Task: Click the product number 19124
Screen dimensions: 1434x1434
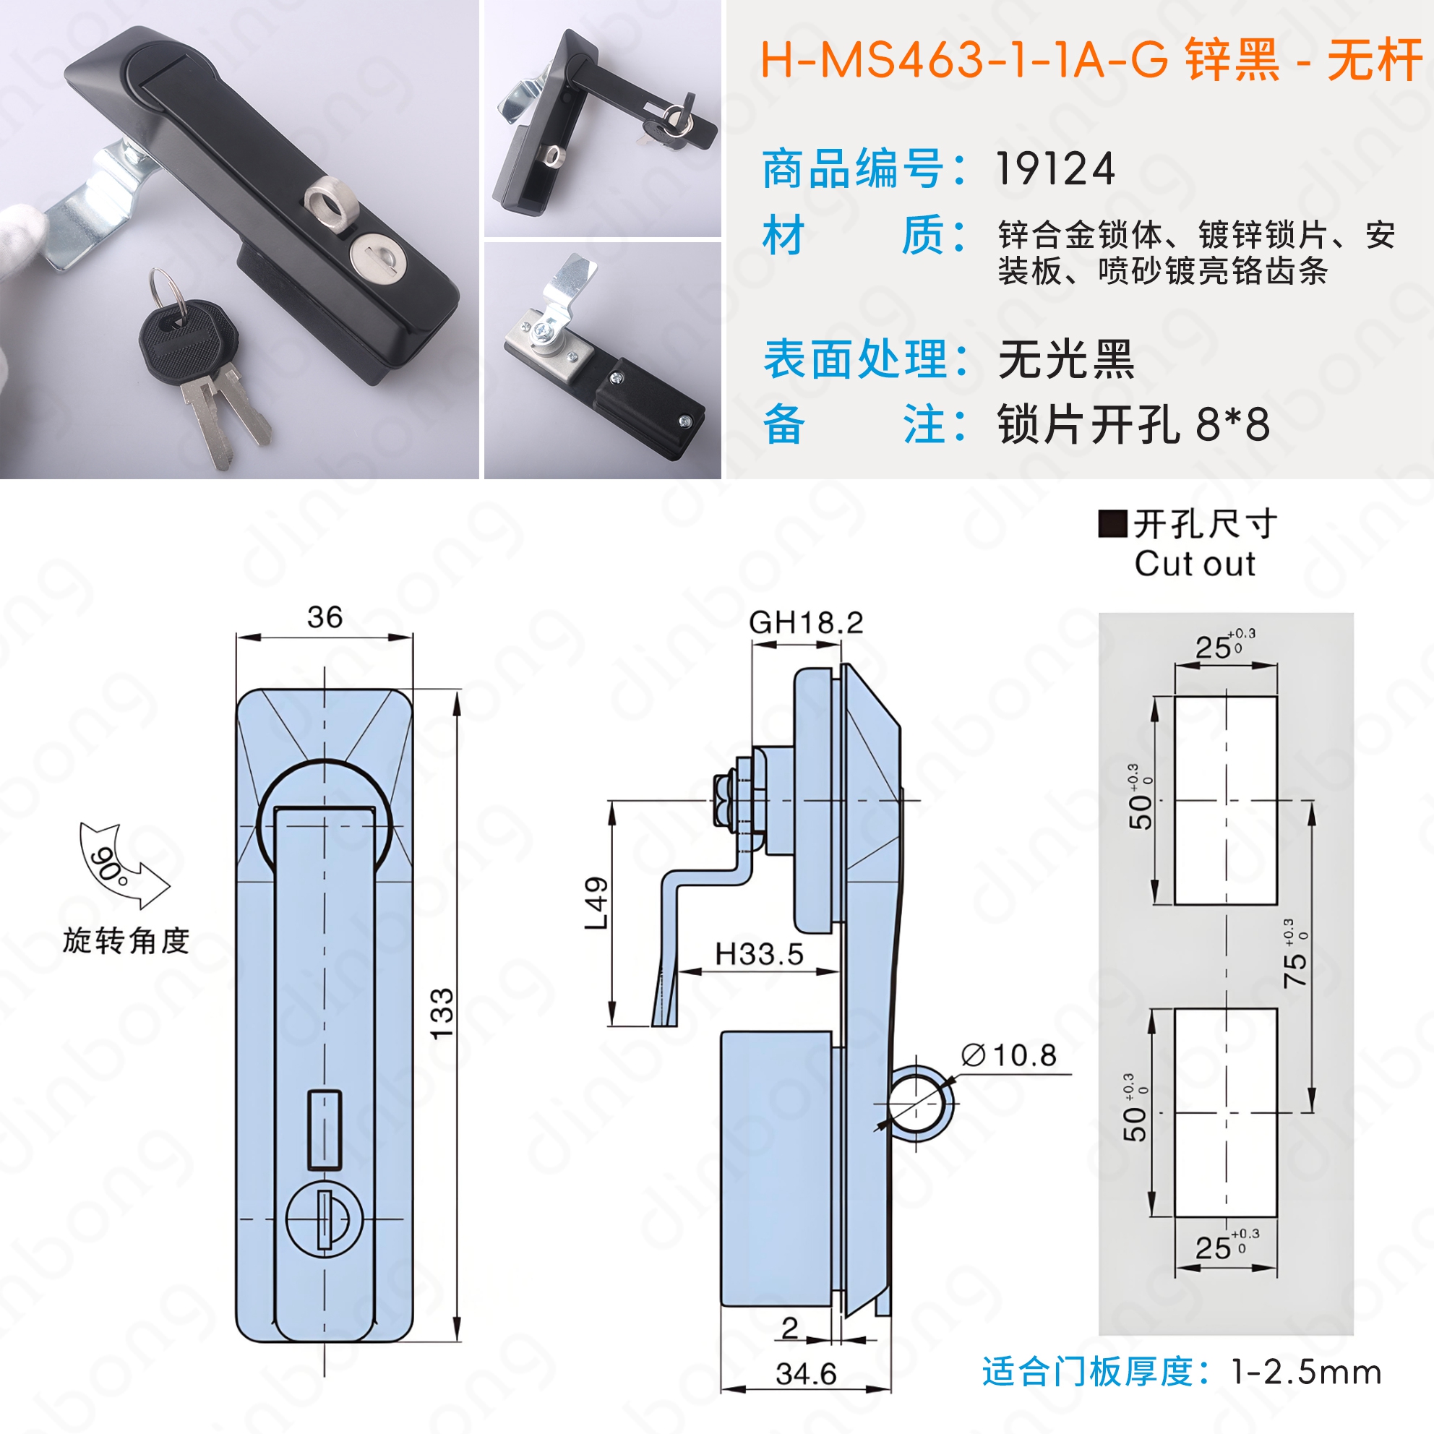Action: point(1055,169)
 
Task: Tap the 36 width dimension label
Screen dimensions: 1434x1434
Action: point(325,617)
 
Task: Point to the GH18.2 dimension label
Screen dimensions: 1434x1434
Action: point(806,623)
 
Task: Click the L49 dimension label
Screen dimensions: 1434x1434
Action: point(596,903)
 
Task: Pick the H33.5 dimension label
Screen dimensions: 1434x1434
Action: point(759,955)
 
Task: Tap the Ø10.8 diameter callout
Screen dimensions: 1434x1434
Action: point(1009,1055)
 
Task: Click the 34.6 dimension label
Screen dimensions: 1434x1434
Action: point(806,1374)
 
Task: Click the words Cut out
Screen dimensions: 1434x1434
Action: point(1195,564)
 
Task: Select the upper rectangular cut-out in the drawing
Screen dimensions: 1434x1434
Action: point(1225,800)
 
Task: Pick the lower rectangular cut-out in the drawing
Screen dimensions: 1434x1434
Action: point(1225,1112)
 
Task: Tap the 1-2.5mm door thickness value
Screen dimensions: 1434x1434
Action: point(1306,1373)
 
